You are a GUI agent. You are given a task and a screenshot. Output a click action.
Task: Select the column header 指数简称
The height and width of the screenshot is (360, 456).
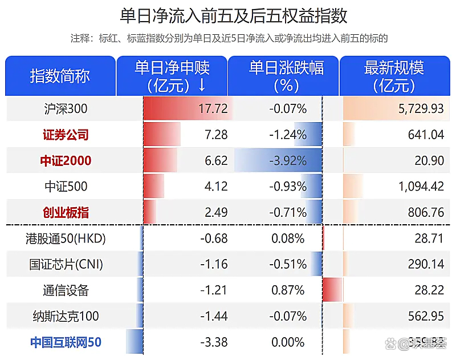pyautogui.click(x=60, y=76)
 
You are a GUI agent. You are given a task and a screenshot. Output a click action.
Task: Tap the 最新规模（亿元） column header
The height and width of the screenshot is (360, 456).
pyautogui.click(x=394, y=76)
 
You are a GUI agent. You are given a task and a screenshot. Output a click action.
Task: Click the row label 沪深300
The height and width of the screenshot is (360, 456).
pyautogui.click(x=66, y=108)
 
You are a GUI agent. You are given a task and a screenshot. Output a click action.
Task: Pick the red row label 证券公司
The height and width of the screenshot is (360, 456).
pyautogui.click(x=66, y=135)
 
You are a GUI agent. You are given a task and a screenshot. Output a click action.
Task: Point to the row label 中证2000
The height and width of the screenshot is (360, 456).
pyautogui.click(x=66, y=161)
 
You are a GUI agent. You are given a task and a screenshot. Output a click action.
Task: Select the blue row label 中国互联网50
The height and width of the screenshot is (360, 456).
pyautogui.click(x=66, y=342)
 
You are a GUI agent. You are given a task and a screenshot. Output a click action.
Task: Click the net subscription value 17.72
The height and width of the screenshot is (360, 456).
pyautogui.click(x=215, y=108)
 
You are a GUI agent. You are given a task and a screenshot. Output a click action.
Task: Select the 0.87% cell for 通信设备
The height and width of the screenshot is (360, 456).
pyautogui.click(x=290, y=290)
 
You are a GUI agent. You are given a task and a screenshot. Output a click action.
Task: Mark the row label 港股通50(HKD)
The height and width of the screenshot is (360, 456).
pyautogui.click(x=66, y=238)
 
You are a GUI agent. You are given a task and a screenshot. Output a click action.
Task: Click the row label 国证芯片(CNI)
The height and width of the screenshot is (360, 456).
pyautogui.click(x=66, y=264)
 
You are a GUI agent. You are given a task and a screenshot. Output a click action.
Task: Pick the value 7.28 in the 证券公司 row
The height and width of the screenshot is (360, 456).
pyautogui.click(x=217, y=135)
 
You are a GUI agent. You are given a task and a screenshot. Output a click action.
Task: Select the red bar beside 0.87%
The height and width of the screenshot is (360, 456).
pyautogui.click(x=332, y=290)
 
